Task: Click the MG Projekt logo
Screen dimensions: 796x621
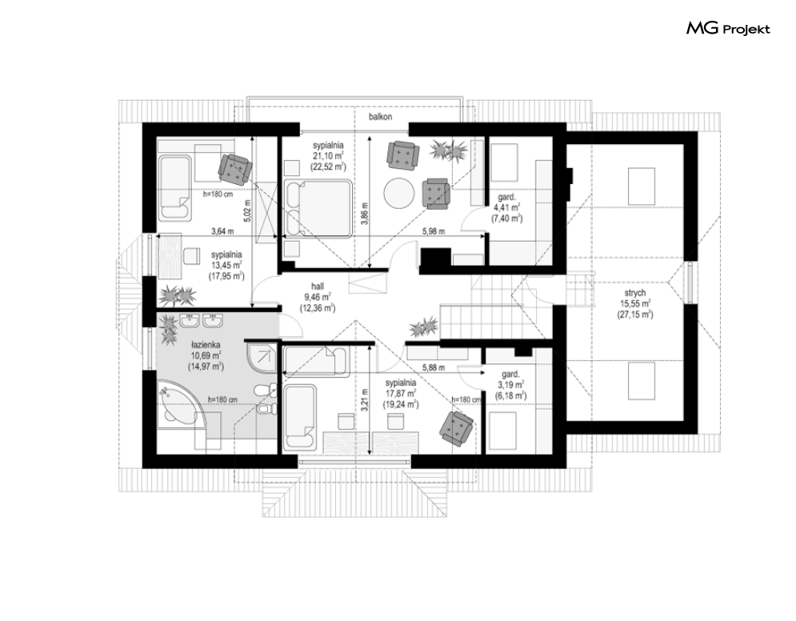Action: click(x=728, y=29)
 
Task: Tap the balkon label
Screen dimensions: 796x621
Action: click(x=380, y=117)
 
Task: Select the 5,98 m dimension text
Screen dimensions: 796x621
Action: click(x=434, y=231)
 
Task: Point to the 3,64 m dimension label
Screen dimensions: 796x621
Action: click(x=222, y=231)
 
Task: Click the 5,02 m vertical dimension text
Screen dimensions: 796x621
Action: click(x=247, y=210)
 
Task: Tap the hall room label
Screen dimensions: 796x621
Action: click(x=318, y=286)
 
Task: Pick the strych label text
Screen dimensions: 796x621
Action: click(x=635, y=293)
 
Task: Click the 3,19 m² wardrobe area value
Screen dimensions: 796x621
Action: click(x=510, y=385)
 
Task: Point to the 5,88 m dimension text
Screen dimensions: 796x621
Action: click(x=434, y=367)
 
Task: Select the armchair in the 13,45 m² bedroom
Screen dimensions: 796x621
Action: click(x=235, y=167)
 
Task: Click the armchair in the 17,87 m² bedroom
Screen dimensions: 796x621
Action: click(x=457, y=428)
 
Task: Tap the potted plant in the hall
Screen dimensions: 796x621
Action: click(x=423, y=327)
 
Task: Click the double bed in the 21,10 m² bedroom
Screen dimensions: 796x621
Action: click(x=318, y=208)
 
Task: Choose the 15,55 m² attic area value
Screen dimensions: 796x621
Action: click(x=635, y=303)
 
